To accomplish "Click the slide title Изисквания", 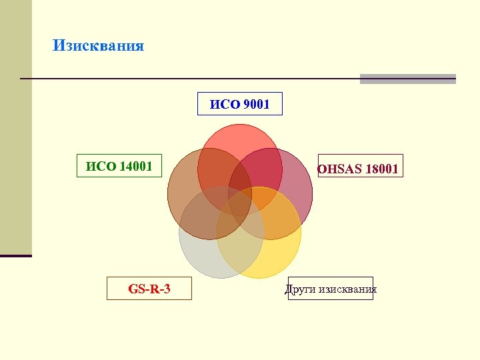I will click(x=98, y=46).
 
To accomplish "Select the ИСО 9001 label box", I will click(x=240, y=104).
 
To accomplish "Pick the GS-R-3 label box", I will click(x=149, y=289).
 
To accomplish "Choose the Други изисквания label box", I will click(x=331, y=289).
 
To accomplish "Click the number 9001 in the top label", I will click(x=257, y=104).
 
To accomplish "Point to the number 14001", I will click(x=135, y=166).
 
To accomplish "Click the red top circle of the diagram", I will click(x=240, y=140).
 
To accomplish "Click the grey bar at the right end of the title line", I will click(x=407, y=79).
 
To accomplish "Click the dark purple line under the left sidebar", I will click(x=16, y=255).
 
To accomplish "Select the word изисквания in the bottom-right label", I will click(x=347, y=289).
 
